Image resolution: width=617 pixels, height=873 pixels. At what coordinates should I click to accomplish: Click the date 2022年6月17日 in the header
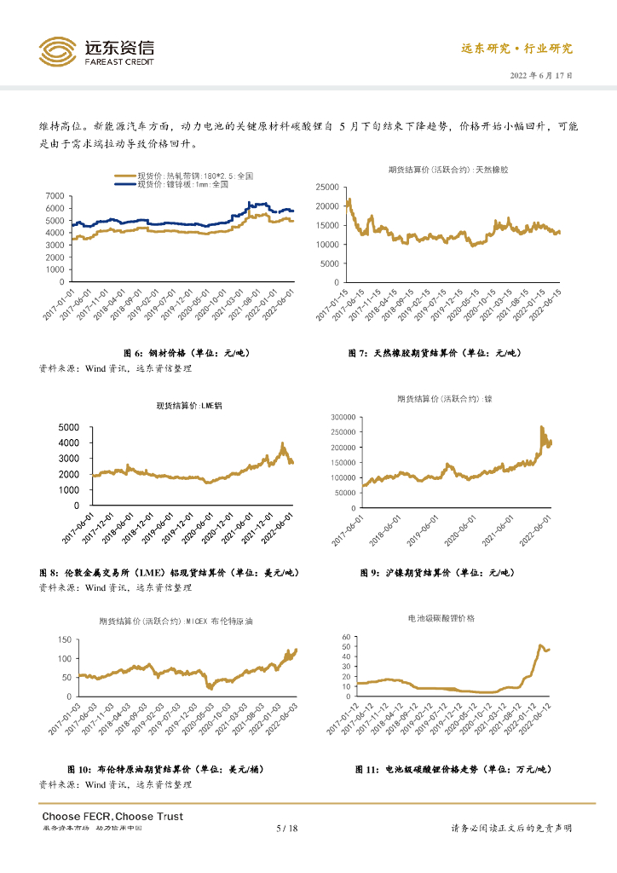click(541, 75)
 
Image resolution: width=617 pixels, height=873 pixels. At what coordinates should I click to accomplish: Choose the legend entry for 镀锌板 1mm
click(183, 183)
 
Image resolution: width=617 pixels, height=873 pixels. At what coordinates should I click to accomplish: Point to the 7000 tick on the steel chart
click(54, 196)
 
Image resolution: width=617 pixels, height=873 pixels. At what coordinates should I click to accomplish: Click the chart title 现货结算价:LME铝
click(188, 405)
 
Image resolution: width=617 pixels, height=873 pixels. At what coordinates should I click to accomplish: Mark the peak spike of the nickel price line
click(542, 427)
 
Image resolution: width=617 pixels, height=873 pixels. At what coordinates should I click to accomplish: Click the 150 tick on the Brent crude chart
click(63, 640)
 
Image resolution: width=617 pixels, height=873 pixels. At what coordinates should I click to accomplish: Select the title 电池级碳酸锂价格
click(441, 617)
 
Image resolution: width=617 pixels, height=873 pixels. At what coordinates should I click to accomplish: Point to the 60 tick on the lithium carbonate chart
click(346, 637)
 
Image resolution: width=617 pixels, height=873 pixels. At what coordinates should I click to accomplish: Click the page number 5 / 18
click(287, 829)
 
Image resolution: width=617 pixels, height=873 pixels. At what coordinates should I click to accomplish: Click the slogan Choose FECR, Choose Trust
click(112, 816)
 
